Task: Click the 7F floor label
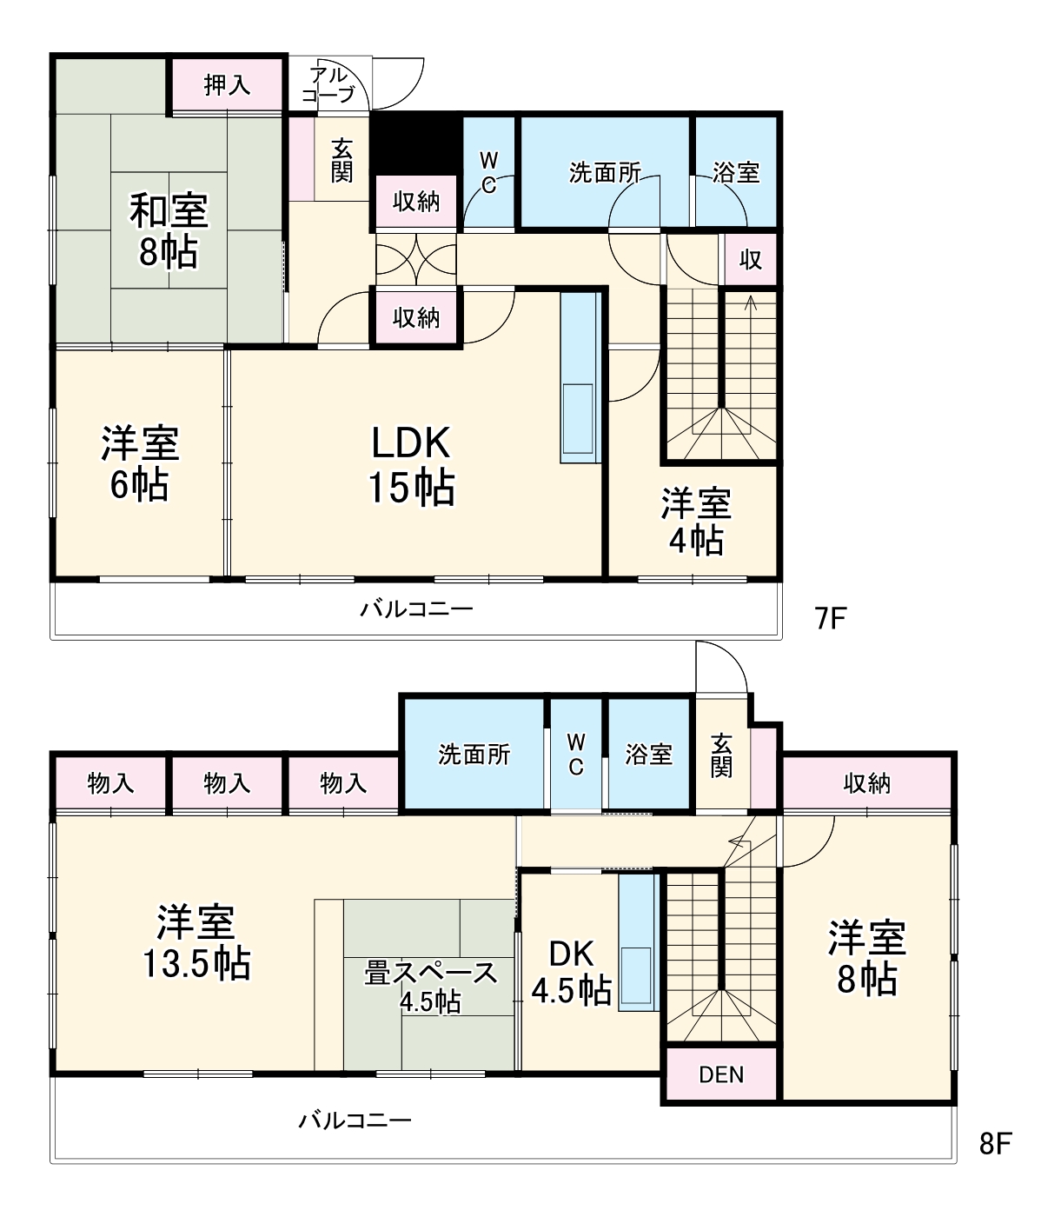pyautogui.click(x=830, y=618)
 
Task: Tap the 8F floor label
pyautogui.click(x=995, y=1143)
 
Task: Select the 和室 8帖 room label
pyautogui.click(x=169, y=231)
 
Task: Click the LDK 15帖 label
pyautogui.click(x=411, y=465)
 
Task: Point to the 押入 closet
pyautogui.click(x=227, y=85)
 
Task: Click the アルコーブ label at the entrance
pyautogui.click(x=329, y=84)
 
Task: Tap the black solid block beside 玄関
pyautogui.click(x=414, y=143)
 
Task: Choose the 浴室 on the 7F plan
pyautogui.click(x=736, y=172)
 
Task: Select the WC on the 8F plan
pyautogui.click(x=576, y=754)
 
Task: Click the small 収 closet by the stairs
pyautogui.click(x=750, y=259)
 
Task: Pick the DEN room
pyautogui.click(x=721, y=1074)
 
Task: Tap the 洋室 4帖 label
pyautogui.click(x=695, y=522)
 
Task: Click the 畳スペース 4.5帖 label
pyautogui.click(x=430, y=985)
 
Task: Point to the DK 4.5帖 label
pyautogui.click(x=571, y=972)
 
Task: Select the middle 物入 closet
pyautogui.click(x=227, y=783)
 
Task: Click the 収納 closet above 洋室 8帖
pyautogui.click(x=866, y=783)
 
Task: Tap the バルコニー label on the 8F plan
pyautogui.click(x=355, y=1120)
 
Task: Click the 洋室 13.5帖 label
pyautogui.click(x=196, y=942)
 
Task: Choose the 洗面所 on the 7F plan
pyautogui.click(x=605, y=172)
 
